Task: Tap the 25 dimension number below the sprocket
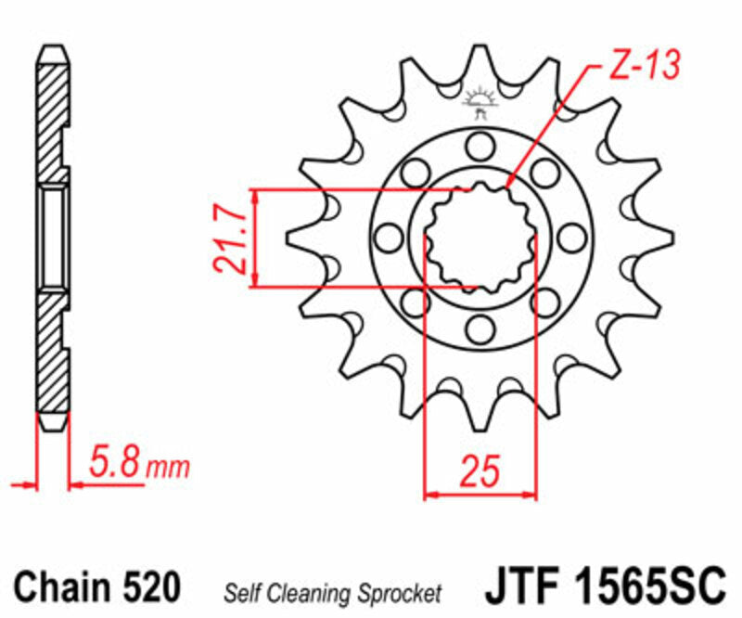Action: tap(480, 471)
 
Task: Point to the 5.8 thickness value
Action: tap(116, 461)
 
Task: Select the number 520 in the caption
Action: tap(149, 587)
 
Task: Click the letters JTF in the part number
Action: tap(517, 586)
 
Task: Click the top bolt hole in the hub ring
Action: tap(480, 146)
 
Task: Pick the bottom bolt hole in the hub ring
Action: tap(480, 328)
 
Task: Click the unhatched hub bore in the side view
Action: tap(53, 238)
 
